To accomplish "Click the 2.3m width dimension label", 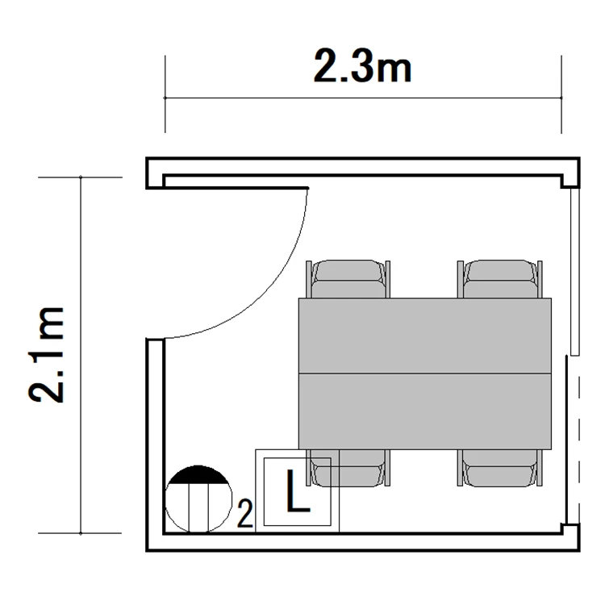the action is (363, 66).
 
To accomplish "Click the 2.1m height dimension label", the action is (46, 355).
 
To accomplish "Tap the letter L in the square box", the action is (298, 491).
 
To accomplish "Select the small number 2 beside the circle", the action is (245, 513).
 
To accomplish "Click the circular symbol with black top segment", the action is (198, 499).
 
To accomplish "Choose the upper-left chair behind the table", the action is (348, 278).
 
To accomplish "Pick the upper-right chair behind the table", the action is (499, 278).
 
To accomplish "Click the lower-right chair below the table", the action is (499, 468).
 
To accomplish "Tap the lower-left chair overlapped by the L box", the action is (348, 468).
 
